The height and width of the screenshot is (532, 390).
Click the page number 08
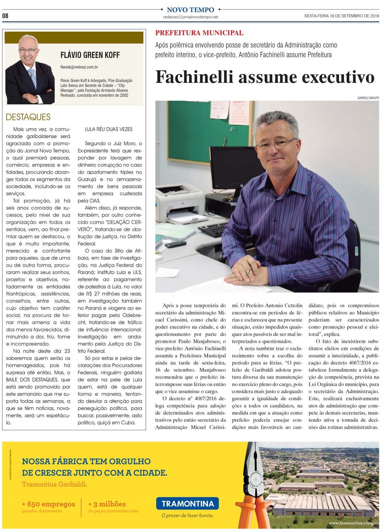pos(5,16)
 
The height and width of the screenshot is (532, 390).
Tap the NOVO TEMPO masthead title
pos(190,10)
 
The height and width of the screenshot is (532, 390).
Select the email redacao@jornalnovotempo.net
pos(190,17)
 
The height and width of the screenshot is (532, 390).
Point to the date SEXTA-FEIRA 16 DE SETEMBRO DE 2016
pos(341,16)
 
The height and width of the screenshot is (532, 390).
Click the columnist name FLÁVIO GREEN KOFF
pos(90,55)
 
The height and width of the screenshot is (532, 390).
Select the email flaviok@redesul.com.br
pos(79,67)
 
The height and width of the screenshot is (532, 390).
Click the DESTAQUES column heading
pos(28,117)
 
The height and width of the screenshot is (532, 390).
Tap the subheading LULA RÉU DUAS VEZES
pos(108,129)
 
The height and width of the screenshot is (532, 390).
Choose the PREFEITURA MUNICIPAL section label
pos(199,33)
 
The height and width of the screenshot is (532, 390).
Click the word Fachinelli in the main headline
pos(194,77)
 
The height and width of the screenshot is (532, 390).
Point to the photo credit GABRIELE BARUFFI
pos(368,98)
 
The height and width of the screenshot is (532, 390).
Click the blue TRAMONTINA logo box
pos(188,504)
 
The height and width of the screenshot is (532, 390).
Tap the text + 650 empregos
pos(48,504)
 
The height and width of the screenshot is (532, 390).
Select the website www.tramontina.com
pos(350,523)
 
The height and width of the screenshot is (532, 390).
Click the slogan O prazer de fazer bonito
pos(188,515)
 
